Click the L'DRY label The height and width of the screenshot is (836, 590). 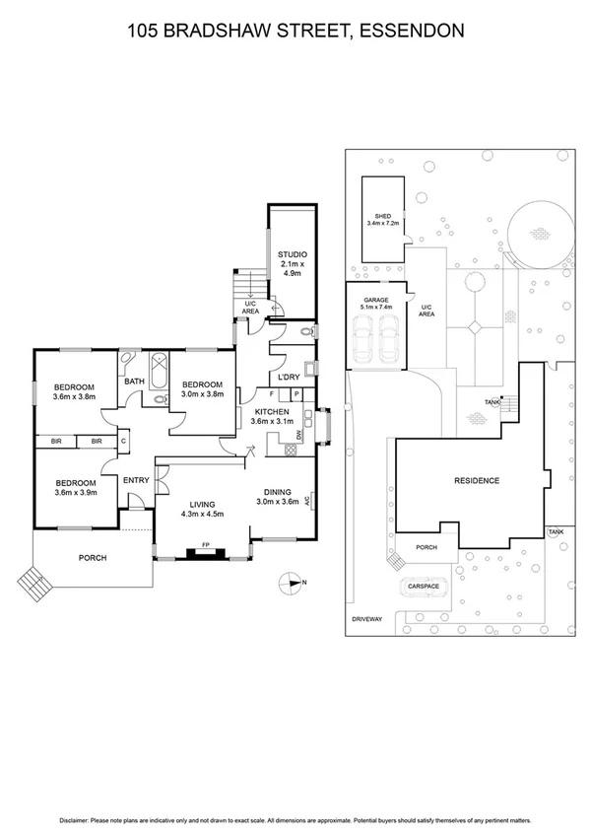coord(288,378)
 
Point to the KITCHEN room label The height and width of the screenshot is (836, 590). coord(272,411)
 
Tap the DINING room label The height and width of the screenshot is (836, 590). coord(277,491)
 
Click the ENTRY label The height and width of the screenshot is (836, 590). coord(135,480)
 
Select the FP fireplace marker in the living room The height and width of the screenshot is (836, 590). coord(206,544)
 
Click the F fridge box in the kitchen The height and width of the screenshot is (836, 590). coord(272,393)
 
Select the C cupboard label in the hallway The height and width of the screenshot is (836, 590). coord(123,442)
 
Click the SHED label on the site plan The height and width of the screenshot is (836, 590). coord(382,216)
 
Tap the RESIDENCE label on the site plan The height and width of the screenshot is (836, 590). coord(477,481)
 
